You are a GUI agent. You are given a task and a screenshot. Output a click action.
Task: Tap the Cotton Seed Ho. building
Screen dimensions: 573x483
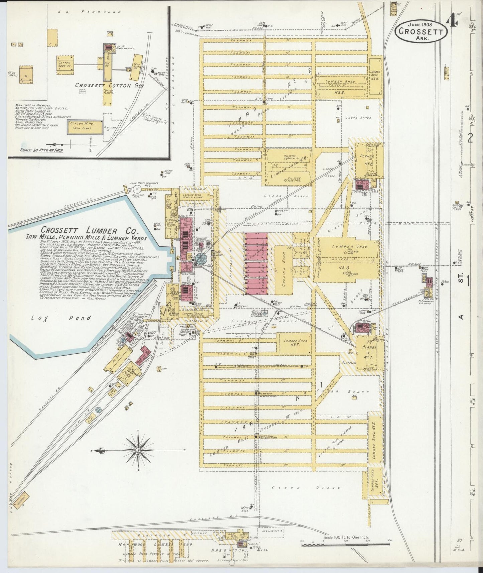click(65, 64)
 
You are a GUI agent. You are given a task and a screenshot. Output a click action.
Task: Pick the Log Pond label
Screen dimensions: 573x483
click(61, 318)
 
